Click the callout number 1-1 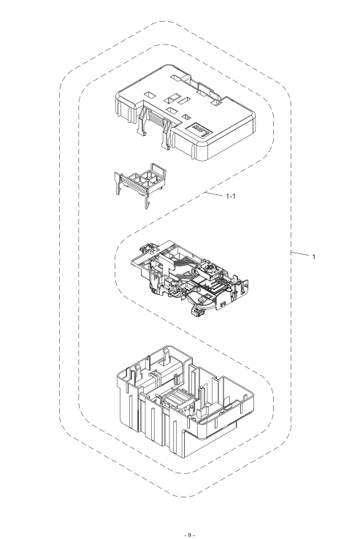click(231, 196)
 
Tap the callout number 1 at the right click(313, 256)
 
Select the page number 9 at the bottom click(189, 535)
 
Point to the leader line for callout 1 click(300, 254)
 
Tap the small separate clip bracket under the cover click(140, 184)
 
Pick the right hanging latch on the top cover click(166, 134)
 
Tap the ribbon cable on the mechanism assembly click(185, 264)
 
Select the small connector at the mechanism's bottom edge click(195, 310)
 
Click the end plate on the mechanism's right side click(242, 288)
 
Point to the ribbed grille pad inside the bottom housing click(176, 400)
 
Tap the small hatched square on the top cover click(187, 117)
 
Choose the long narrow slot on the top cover click(183, 101)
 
